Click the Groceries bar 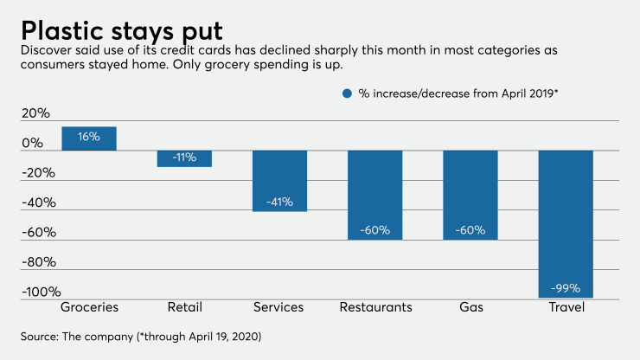coord(89,138)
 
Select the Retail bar coord(184,158)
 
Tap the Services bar coord(279,180)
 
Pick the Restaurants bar coord(375,195)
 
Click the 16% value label coord(89,137)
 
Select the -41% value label coord(279,202)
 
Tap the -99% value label coord(566,288)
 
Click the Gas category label coord(470,308)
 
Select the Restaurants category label coord(375,308)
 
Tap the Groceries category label coord(89,308)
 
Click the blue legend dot coord(347,93)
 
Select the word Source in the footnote coord(41,335)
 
